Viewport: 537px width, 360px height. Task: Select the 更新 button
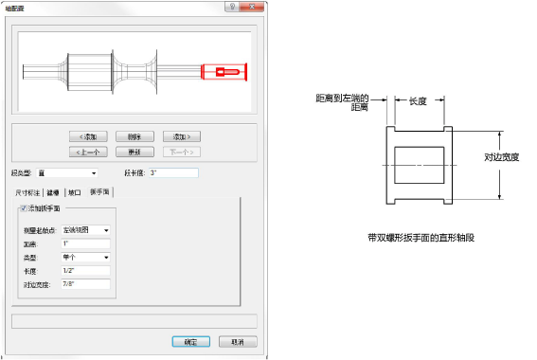(135, 151)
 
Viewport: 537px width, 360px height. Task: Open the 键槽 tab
(55, 191)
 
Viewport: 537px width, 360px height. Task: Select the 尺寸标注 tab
(29, 191)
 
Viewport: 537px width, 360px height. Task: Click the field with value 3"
(172, 173)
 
